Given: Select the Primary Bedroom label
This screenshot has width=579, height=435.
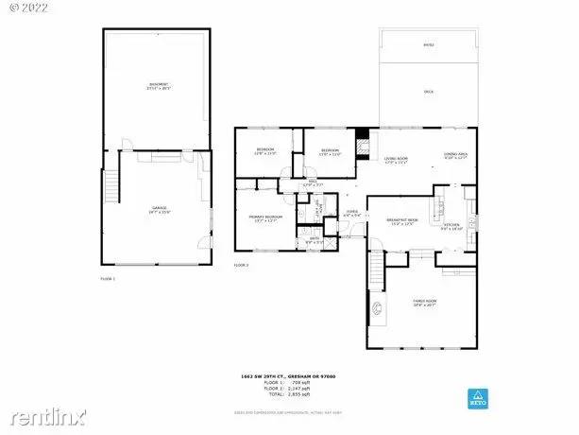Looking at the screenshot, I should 265,218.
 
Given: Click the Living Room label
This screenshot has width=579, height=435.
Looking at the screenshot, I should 396,160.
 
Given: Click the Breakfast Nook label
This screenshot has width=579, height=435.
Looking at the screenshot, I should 402,220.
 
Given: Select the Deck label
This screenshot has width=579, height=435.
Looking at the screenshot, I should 428,92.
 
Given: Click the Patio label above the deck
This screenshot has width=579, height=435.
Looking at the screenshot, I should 428,45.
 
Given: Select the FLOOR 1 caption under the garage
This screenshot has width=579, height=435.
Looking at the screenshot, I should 109,279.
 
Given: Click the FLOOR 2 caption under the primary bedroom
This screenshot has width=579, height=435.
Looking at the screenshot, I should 242,266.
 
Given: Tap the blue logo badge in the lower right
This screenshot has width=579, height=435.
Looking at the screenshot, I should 478,397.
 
